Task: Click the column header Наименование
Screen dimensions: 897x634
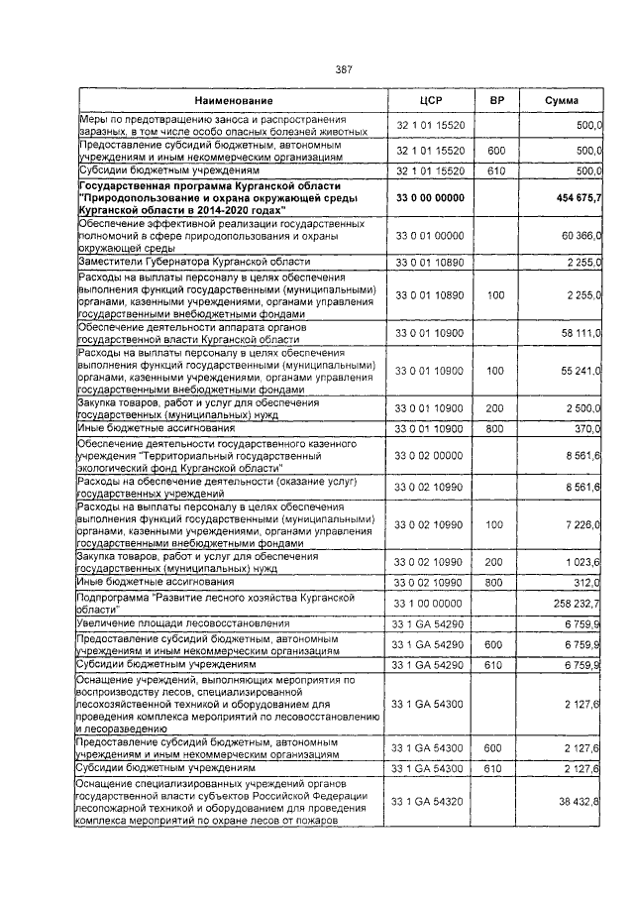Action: click(234, 101)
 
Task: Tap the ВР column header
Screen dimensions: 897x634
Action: click(496, 101)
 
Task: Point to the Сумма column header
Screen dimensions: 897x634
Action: click(561, 101)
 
